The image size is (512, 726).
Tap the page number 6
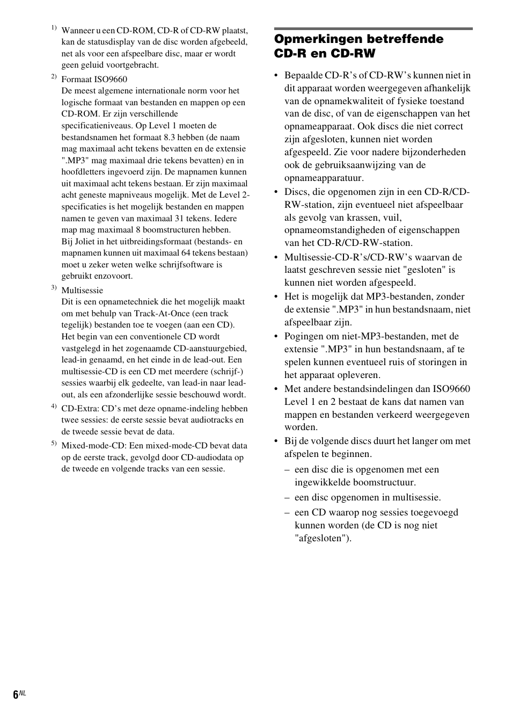[x=16, y=694]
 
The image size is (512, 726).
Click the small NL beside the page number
[x=23, y=693]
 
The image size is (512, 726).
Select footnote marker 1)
[x=54, y=28]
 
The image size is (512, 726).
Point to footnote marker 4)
[x=54, y=406]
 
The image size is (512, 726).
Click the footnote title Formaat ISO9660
[x=94, y=79]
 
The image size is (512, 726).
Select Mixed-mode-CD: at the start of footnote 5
[x=94, y=446]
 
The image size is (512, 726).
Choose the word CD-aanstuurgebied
[x=210, y=349]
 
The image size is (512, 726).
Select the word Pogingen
[x=304, y=337]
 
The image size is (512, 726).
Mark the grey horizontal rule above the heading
[x=373, y=28]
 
